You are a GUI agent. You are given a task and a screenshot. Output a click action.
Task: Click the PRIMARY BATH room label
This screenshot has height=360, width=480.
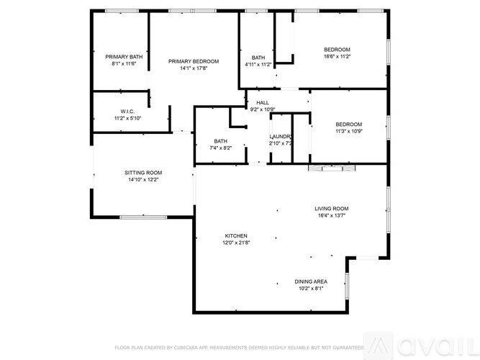pyautogui.click(x=124, y=56)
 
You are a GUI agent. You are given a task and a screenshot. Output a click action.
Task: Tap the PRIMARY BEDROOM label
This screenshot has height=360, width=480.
pyautogui.click(x=194, y=61)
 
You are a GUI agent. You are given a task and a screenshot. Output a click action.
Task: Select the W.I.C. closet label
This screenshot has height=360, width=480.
pyautogui.click(x=128, y=111)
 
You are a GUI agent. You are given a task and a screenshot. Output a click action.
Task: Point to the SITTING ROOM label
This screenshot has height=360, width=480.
pyautogui.click(x=143, y=173)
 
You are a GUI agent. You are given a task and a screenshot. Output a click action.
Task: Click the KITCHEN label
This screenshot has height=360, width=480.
pyautogui.click(x=236, y=236)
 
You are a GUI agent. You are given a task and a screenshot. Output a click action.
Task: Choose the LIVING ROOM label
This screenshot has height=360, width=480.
pyautogui.click(x=331, y=209)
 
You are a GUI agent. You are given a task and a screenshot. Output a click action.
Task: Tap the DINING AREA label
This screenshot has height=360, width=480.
pyautogui.click(x=311, y=282)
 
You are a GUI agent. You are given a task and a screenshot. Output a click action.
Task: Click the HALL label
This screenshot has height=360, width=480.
pyautogui.click(x=262, y=103)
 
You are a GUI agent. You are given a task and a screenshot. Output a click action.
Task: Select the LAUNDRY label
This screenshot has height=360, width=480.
pyautogui.click(x=280, y=136)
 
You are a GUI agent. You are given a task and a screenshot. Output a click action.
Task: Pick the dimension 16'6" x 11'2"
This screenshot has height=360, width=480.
pyautogui.click(x=337, y=56)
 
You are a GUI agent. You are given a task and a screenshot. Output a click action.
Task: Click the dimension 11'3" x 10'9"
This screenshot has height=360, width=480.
pyautogui.click(x=348, y=131)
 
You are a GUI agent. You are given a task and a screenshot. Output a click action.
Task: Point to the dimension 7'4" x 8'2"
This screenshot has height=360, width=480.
pyautogui.click(x=221, y=148)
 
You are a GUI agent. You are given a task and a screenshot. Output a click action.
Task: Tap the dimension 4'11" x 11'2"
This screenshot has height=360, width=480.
pyautogui.click(x=258, y=64)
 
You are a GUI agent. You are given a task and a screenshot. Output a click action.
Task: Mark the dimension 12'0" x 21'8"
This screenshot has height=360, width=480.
pyautogui.click(x=236, y=243)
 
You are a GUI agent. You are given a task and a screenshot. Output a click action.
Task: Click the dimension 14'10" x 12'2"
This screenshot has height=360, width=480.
pyautogui.click(x=143, y=180)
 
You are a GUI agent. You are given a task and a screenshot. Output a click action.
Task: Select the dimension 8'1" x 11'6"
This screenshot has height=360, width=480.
pyautogui.click(x=124, y=63)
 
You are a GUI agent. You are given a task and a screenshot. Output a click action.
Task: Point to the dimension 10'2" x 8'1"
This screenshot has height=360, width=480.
pyautogui.click(x=311, y=288)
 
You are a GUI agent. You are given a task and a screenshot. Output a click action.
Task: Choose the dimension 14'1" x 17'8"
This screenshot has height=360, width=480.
pyautogui.click(x=194, y=68)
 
